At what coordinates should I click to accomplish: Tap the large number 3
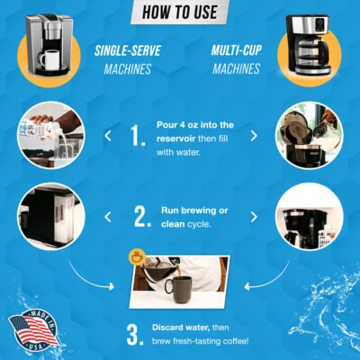pyautogui.click(x=135, y=335)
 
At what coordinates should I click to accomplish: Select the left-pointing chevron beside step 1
pyautogui.click(x=108, y=137)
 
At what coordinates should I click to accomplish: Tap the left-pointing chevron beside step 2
pyautogui.click(x=108, y=215)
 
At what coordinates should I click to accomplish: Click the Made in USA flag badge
pyautogui.click(x=32, y=329)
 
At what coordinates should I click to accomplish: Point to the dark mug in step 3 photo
pyautogui.click(x=177, y=288)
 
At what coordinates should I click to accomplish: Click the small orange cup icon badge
pyautogui.click(x=137, y=257)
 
